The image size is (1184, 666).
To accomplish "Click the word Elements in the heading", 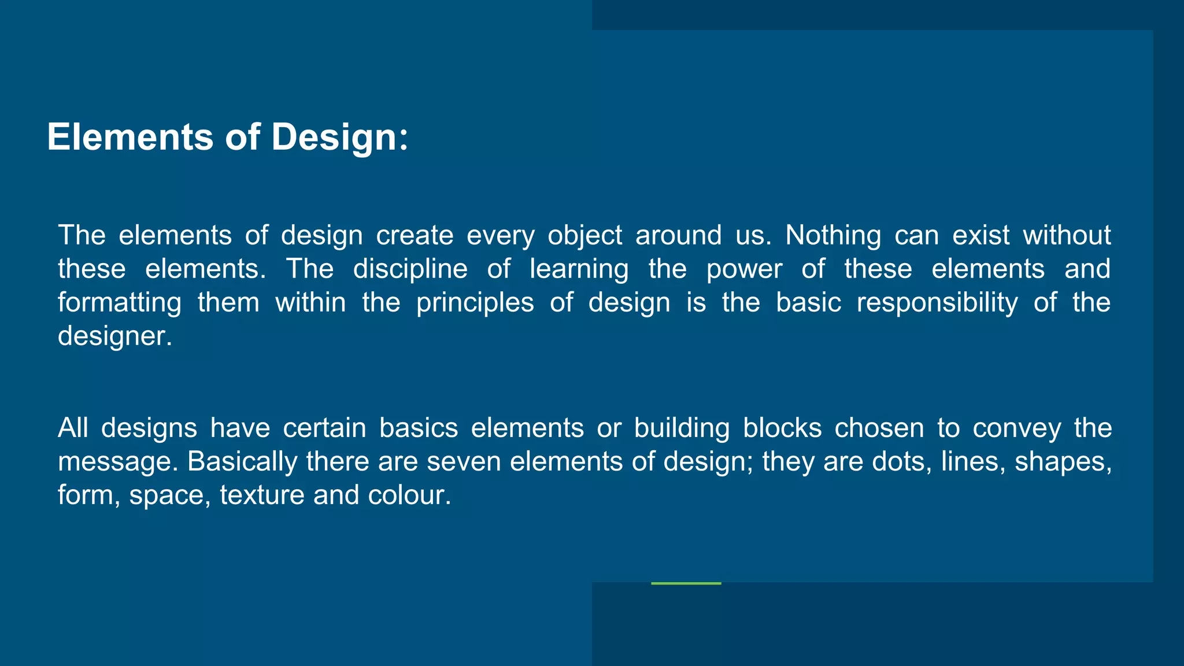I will pos(130,137).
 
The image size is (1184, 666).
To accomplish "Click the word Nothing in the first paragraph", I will pos(833,235).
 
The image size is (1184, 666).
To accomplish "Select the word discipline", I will pos(410,269).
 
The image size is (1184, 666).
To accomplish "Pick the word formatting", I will pos(120,303).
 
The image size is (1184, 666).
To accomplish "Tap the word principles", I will pos(475,303).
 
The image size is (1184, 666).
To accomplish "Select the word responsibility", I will pos(937,303).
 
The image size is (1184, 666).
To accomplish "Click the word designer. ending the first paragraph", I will pos(115,336).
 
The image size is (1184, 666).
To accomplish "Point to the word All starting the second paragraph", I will pos(73,428).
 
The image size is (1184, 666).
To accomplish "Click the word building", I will pos(682,428).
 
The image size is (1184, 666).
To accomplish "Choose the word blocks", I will pos(782,428).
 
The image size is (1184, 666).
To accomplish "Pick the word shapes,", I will pos(1063,462).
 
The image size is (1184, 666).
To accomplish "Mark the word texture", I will pos(262,495).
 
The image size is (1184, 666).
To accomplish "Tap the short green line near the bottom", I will pos(686,583).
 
